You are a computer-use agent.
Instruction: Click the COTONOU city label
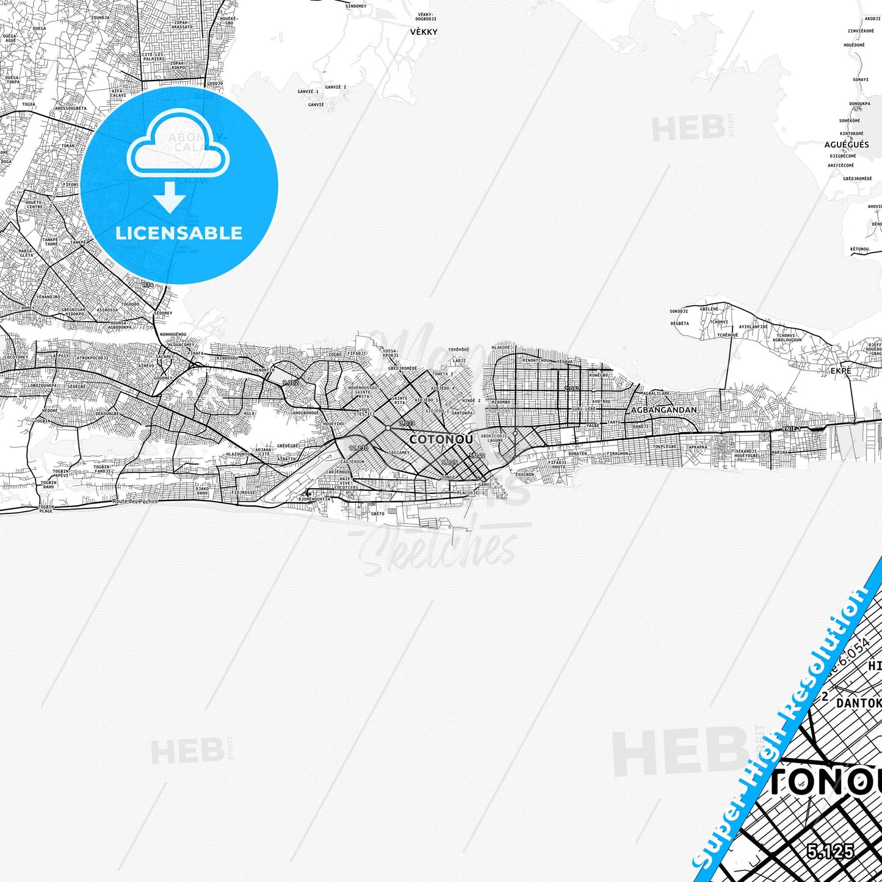coord(441,439)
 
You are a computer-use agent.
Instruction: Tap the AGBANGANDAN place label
coord(663,410)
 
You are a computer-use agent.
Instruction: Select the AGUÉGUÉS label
coord(847,145)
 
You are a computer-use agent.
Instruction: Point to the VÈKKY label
coord(424,32)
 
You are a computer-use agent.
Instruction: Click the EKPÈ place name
coord(840,371)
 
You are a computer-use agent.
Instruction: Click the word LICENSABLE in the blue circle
coord(179,233)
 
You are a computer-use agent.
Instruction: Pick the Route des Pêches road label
coord(135,501)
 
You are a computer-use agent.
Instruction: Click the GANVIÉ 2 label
coord(335,87)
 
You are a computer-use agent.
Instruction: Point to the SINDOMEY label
coord(356,6)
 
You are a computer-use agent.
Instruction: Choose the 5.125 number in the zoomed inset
coord(830,851)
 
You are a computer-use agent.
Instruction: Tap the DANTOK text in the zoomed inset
coord(858,703)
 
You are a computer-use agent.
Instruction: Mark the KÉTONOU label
coord(859,249)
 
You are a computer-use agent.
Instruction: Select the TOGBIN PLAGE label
coord(46,508)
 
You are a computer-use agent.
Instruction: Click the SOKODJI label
coord(679,311)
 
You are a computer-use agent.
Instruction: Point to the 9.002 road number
coord(291,383)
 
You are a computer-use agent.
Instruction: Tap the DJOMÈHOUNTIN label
coord(314,499)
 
